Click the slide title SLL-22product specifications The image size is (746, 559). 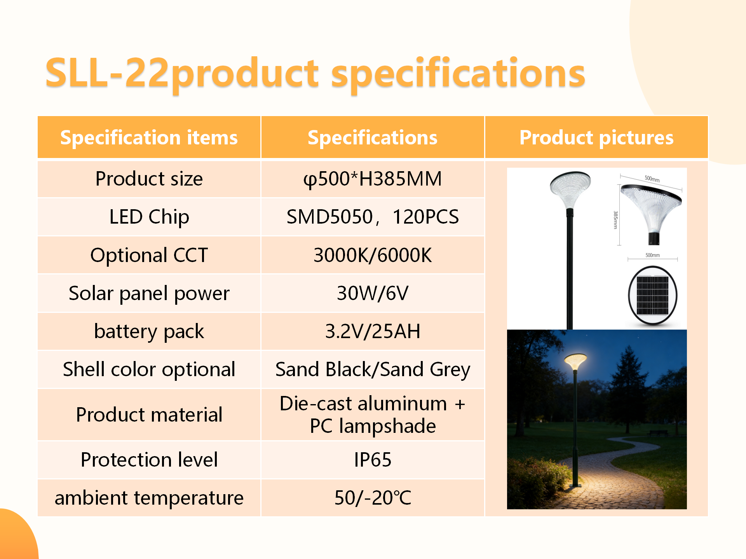point(315,73)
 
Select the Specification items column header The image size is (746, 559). point(149,137)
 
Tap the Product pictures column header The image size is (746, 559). point(596,137)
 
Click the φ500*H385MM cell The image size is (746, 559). point(373,179)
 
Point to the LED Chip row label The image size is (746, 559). point(149,217)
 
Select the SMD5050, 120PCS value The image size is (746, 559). point(373,217)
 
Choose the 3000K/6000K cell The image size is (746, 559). point(373,255)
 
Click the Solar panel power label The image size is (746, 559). point(149,293)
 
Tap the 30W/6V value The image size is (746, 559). point(373,293)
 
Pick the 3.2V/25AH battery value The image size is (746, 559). point(373,331)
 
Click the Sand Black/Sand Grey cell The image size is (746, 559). point(373,369)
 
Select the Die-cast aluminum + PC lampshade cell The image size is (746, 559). point(373,415)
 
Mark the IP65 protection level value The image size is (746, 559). point(373,460)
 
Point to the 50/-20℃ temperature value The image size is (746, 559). point(373,498)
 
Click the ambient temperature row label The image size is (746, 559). point(149,498)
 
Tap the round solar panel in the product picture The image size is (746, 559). point(653,295)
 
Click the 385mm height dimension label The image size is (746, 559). point(615,220)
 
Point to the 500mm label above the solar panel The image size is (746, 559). point(653,255)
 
